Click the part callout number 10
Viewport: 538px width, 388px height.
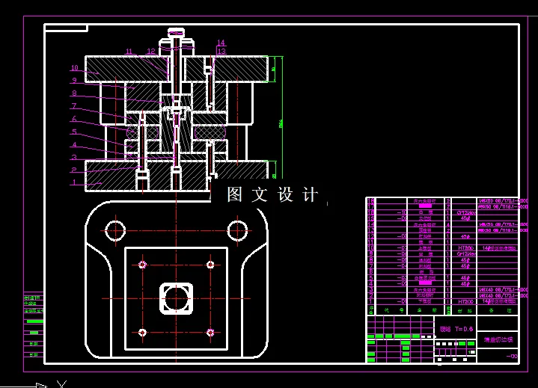[75, 68]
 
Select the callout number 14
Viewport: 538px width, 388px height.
[221, 43]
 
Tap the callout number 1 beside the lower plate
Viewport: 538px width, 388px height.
[74, 183]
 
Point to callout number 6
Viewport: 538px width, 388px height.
[74, 119]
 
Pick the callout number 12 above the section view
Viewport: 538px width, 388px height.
[151, 52]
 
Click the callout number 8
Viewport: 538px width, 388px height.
[74, 93]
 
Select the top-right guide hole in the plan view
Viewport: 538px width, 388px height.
[237, 229]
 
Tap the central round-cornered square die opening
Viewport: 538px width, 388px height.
[177, 298]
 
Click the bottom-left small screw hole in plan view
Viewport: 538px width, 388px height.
[141, 333]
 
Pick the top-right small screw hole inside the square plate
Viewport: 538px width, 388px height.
[210, 263]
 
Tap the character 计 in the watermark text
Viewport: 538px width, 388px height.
[309, 194]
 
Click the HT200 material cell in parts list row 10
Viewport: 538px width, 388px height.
[465, 247]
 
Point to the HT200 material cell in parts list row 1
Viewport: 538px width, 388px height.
[465, 302]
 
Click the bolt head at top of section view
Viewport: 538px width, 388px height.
[176, 32]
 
